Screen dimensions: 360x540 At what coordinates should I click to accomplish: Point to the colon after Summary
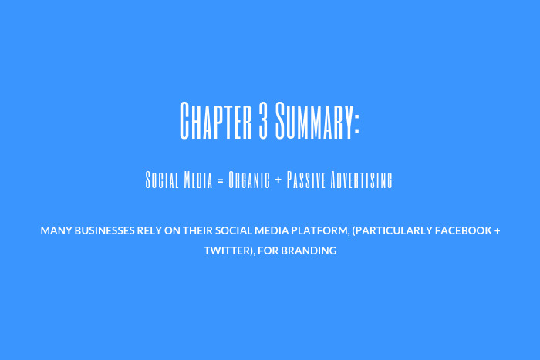pyautogui.click(x=357, y=123)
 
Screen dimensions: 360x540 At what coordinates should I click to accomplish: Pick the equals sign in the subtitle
pyautogui.click(x=219, y=181)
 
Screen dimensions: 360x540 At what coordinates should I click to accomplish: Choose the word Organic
pyautogui.click(x=248, y=180)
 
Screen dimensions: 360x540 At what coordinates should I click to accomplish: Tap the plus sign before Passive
pyautogui.click(x=278, y=181)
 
